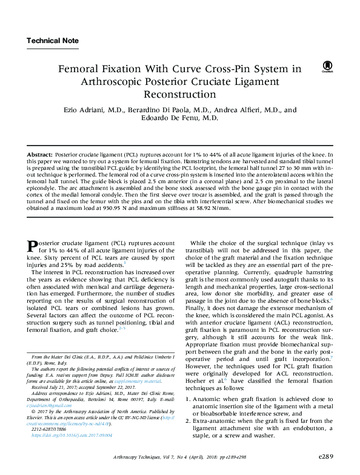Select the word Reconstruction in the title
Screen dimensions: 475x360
point(179,95)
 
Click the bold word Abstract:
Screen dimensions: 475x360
point(39,156)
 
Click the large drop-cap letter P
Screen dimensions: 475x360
point(33,247)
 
